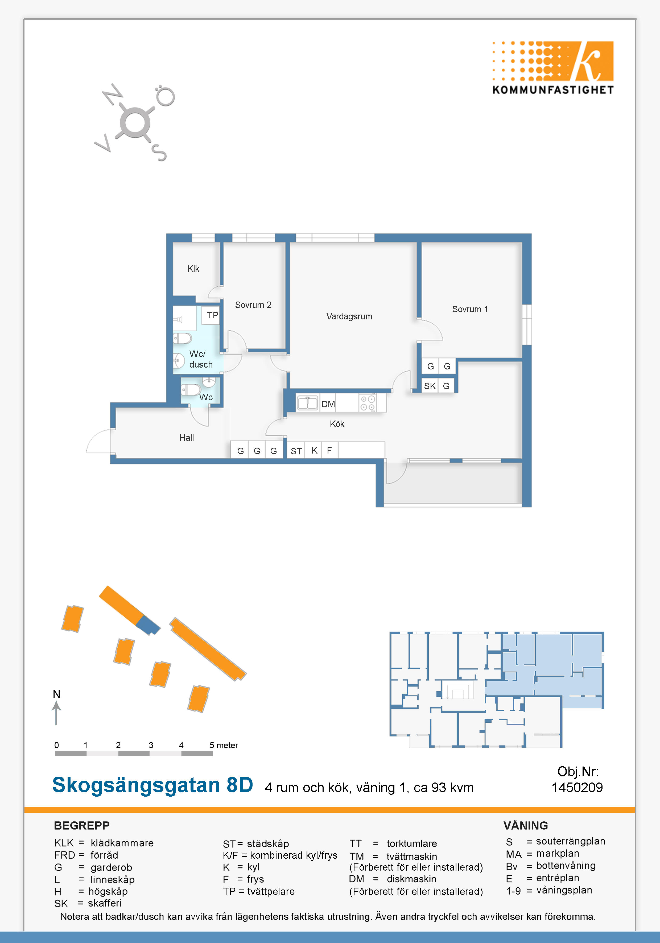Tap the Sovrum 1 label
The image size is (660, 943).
[470, 309]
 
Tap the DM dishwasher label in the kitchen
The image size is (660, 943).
[328, 404]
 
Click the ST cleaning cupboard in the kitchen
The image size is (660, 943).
[296, 451]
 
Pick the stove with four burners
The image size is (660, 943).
[368, 403]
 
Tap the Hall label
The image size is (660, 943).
[187, 438]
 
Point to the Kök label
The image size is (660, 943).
[337, 424]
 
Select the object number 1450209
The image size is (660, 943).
[577, 787]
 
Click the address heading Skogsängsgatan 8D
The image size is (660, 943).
[152, 785]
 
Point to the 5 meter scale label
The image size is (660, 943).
[224, 745]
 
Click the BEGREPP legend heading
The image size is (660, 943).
[82, 826]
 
